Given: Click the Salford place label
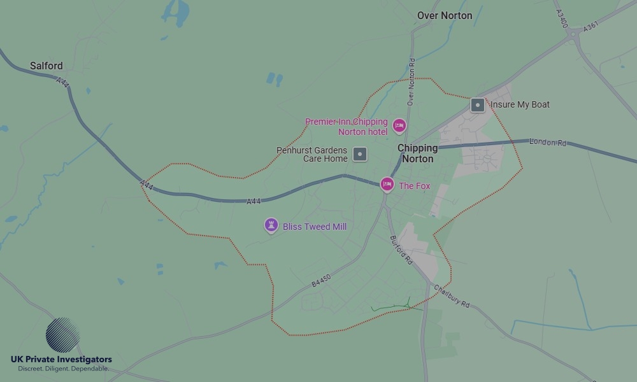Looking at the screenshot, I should point(47,66).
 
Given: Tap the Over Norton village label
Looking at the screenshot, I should point(445,15).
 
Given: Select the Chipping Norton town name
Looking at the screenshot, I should point(417,153).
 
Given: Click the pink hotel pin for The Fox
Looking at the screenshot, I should point(387,184).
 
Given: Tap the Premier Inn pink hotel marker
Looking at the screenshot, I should point(399,125).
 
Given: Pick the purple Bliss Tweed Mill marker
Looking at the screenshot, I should point(271,225).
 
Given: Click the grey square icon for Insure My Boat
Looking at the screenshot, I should point(477,105).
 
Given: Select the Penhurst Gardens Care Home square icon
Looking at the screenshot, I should point(361,153).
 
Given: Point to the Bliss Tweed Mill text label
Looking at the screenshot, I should point(315,227).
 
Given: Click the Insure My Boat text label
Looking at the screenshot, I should point(520,104).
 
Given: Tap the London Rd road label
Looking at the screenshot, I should point(548,143).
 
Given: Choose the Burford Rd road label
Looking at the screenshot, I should point(401,250).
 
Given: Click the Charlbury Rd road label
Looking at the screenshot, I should point(452,296).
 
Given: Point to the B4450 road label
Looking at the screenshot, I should point(322,281).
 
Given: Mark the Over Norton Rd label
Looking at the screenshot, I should point(412,81).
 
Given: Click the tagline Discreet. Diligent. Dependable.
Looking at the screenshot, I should point(63,369).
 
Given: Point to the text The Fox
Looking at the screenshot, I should point(415,186).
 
